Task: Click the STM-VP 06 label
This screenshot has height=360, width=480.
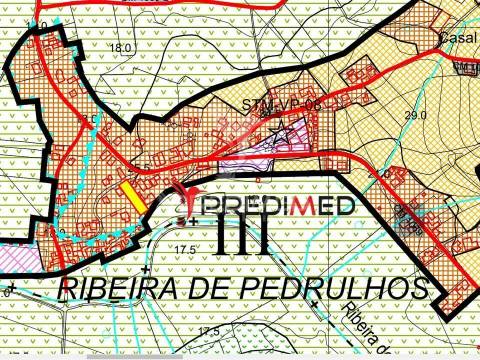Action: (x=284, y=105)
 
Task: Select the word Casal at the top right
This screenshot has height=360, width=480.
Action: (x=456, y=36)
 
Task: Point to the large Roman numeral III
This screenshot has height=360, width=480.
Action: (x=241, y=237)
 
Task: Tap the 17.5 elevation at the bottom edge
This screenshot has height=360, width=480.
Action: (x=207, y=331)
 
